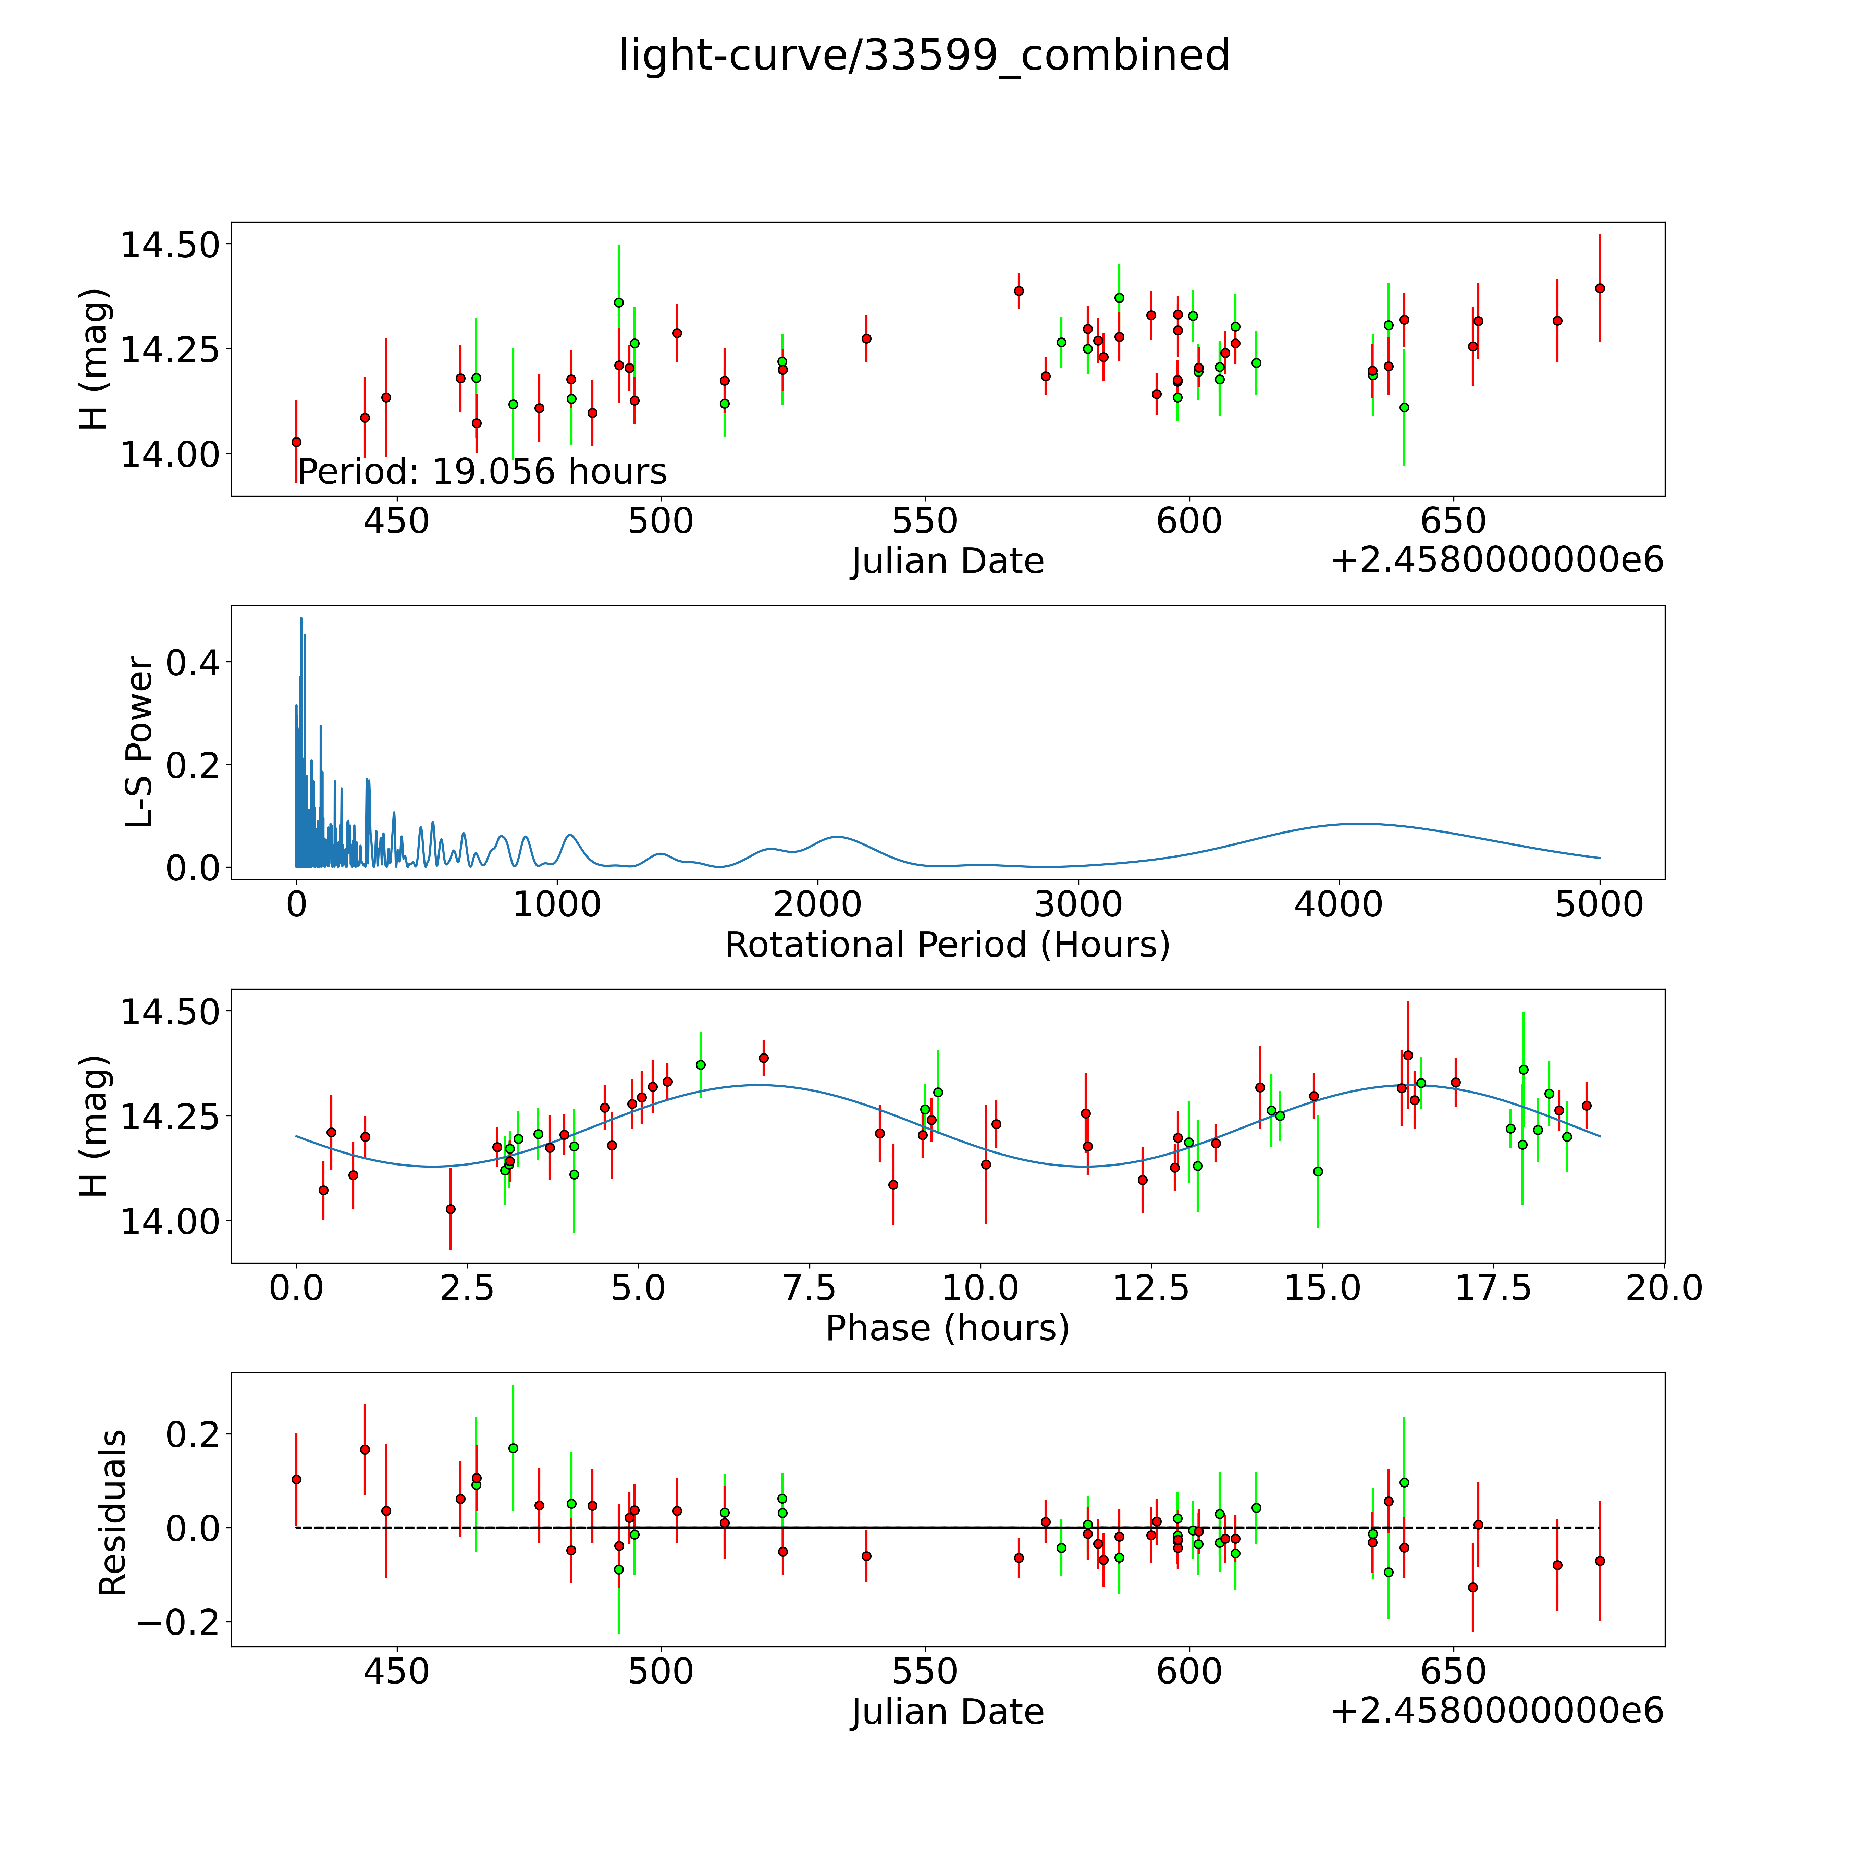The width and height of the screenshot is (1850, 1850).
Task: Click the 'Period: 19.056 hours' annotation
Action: [x=482, y=472]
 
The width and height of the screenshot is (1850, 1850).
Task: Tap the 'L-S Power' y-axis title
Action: [x=140, y=742]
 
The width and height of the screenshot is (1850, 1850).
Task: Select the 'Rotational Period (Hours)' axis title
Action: [x=947, y=945]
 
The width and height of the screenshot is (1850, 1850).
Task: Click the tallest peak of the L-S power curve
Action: [x=301, y=619]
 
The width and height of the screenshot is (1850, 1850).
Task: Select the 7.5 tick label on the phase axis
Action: [x=810, y=1288]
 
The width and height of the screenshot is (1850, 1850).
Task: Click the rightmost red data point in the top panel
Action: [x=1599, y=288]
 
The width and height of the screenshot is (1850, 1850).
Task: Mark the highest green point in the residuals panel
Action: [x=513, y=1448]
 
